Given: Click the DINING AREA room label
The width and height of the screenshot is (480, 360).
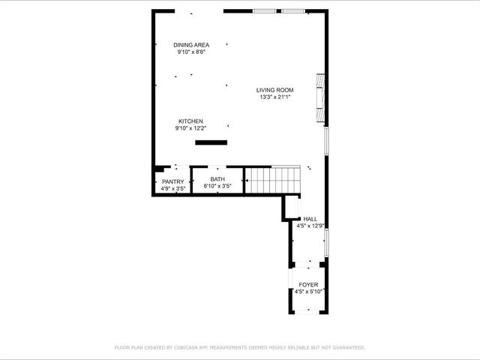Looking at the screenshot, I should click(x=191, y=45).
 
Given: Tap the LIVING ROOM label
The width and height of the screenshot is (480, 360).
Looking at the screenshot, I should click(x=274, y=90).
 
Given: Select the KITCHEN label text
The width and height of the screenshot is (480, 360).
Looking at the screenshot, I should click(x=190, y=121).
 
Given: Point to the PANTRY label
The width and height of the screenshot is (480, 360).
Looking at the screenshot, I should click(x=173, y=182).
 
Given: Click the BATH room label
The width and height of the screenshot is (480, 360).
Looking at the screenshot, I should click(x=217, y=179).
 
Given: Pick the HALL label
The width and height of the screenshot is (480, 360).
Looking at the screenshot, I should click(x=310, y=219).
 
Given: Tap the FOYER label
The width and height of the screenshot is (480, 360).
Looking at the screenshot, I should click(x=308, y=285).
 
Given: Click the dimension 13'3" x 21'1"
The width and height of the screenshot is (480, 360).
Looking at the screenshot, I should click(x=274, y=97).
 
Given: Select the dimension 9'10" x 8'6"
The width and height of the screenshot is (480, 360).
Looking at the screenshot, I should click(x=191, y=52).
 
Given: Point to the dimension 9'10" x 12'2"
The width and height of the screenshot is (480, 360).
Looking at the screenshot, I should click(x=190, y=128).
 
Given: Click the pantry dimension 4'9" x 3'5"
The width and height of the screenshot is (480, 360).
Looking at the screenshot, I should click(x=173, y=188).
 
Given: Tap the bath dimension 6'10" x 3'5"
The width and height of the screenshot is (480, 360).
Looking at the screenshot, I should click(x=217, y=185).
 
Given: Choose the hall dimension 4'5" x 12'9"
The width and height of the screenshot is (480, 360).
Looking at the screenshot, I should click(x=310, y=226).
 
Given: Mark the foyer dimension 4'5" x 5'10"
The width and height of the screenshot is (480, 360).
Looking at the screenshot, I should click(x=308, y=291).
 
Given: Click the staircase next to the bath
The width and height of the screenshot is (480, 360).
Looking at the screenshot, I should click(x=274, y=180).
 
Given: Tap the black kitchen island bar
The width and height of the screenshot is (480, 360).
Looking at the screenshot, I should click(x=211, y=142).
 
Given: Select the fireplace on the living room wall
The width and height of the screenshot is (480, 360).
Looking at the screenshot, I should click(x=321, y=98).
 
